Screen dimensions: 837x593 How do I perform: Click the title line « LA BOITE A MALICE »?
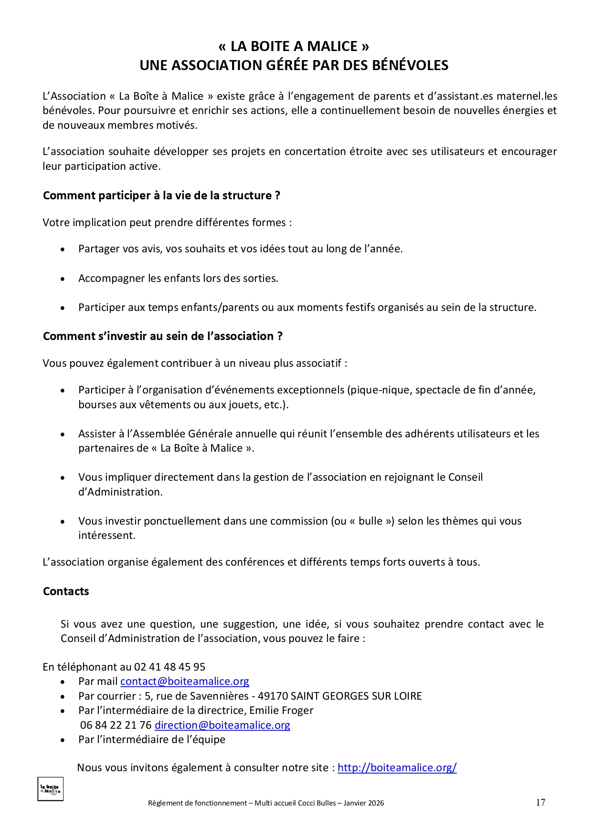pos(294,46)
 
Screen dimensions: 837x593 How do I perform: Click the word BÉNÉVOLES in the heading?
pos(410,65)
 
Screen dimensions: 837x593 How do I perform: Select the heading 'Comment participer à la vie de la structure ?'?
pos(161,196)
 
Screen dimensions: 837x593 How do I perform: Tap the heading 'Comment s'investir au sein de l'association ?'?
pos(162,336)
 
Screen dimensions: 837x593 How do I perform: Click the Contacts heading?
pos(66,591)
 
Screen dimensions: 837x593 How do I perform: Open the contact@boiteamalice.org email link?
pos(185,682)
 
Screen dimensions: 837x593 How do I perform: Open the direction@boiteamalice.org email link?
pos(222,725)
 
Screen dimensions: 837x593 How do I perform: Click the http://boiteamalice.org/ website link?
pos(397,768)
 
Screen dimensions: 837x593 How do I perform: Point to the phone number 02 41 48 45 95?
pos(169,667)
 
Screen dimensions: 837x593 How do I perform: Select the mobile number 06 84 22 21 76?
pos(116,725)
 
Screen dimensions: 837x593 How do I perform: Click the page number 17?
pos(540,802)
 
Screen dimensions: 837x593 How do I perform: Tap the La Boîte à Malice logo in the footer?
pos(51,789)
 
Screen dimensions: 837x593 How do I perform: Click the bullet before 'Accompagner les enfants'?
pos(63,279)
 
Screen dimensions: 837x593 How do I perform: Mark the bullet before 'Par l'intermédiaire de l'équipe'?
pos(63,740)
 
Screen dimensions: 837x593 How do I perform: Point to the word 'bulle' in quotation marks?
pos(371,521)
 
